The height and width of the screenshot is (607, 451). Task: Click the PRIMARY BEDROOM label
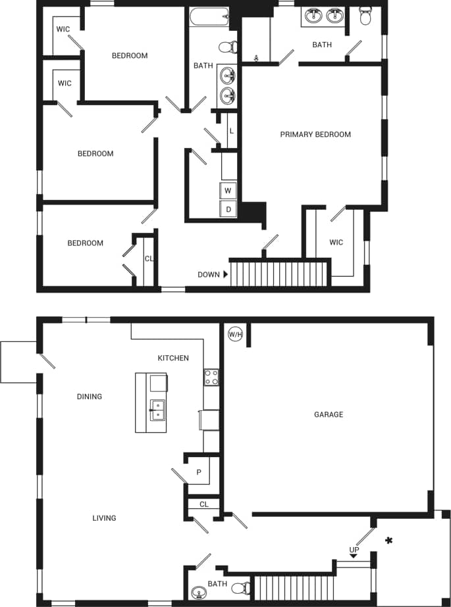point(315,134)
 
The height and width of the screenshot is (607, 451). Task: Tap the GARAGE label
point(328,414)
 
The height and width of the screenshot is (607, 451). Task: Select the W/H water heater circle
point(235,335)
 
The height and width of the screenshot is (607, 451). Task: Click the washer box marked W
point(228,191)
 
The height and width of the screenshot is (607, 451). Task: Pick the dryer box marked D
point(228,209)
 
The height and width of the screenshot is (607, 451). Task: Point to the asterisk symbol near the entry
point(389,541)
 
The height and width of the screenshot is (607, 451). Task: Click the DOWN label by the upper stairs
point(209,274)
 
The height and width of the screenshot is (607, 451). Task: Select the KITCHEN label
point(173,358)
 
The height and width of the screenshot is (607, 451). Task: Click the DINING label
point(90,397)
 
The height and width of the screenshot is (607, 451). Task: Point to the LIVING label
point(104,518)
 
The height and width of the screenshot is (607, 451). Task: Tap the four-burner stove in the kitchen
point(211,377)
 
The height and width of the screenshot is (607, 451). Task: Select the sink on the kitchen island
point(157,410)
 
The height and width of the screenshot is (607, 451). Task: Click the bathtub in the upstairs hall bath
point(209,16)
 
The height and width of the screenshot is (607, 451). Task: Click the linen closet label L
point(231,131)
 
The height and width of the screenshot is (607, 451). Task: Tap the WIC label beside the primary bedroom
point(336,243)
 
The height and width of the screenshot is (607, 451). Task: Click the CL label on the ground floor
point(203,504)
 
